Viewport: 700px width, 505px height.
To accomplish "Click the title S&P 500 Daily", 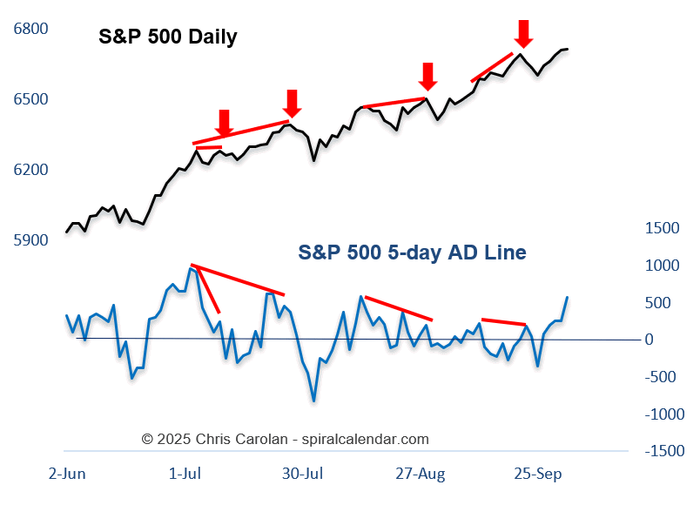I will [168, 37].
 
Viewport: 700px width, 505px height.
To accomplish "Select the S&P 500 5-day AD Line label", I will [412, 252].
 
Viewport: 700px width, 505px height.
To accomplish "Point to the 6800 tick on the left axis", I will [31, 29].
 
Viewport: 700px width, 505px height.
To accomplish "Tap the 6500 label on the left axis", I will [31, 99].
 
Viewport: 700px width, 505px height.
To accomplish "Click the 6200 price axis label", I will [31, 170].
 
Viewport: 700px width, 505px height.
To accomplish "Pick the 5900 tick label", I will [31, 240].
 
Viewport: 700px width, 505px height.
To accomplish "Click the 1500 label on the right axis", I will [663, 228].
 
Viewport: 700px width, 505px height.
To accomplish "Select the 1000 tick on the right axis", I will [663, 266].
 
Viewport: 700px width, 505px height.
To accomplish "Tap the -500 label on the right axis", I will [661, 377].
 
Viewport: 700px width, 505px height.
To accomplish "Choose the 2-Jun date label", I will [66, 474].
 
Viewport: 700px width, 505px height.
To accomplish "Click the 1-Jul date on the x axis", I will [185, 474].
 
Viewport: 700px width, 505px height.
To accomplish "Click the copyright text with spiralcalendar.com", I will [286, 440].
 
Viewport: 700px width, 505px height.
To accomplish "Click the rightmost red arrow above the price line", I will [522, 34].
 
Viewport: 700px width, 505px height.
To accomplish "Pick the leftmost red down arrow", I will [224, 123].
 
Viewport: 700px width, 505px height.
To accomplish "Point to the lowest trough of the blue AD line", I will [313, 401].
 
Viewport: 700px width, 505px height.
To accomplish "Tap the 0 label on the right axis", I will [673, 340].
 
